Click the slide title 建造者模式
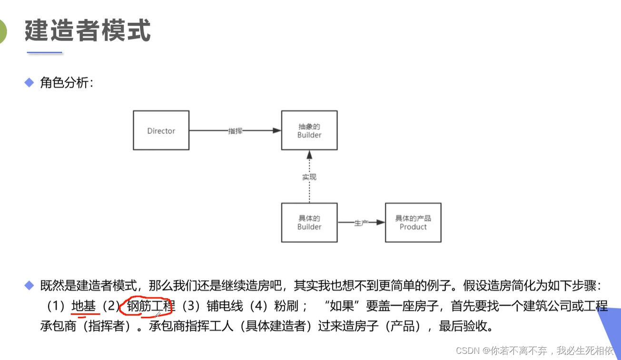pyautogui.click(x=88, y=30)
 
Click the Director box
pyautogui.click(x=161, y=130)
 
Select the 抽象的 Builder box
pyautogui.click(x=309, y=130)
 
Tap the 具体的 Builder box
pyautogui.click(x=309, y=222)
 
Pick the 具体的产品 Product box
pyautogui.click(x=413, y=222)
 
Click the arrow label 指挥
pyautogui.click(x=235, y=131)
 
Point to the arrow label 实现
pyautogui.click(x=309, y=177)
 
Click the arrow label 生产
pyautogui.click(x=361, y=223)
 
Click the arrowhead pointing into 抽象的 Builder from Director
pyautogui.click(x=276, y=130)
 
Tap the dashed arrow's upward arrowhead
pyautogui.click(x=309, y=155)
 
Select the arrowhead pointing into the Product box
pyautogui.click(x=380, y=222)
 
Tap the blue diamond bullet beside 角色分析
pyautogui.click(x=30, y=83)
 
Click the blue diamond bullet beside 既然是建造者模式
pyautogui.click(x=30, y=286)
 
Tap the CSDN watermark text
pyautogui.click(x=534, y=351)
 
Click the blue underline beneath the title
pyautogui.click(x=44, y=52)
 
